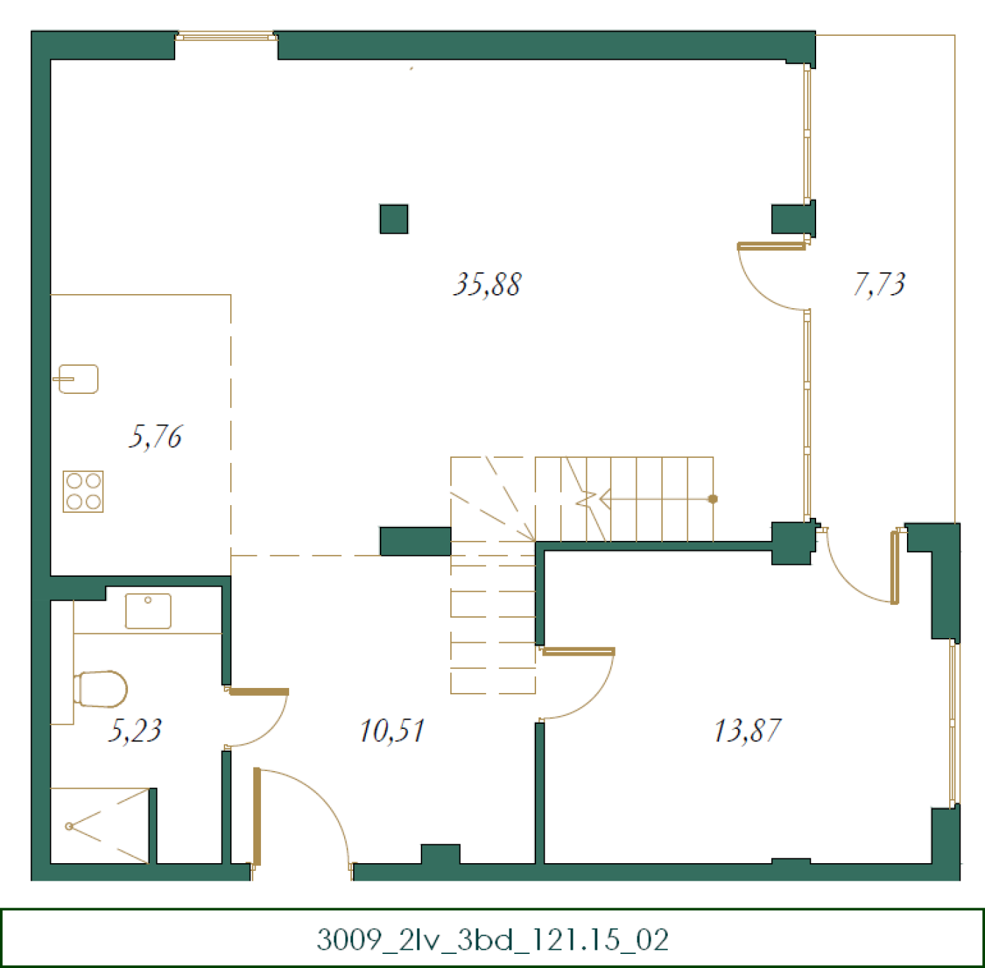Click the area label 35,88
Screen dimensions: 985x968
tap(487, 284)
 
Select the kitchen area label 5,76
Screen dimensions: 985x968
tap(155, 436)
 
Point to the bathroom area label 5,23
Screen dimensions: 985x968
tap(135, 730)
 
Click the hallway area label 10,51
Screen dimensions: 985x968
tap(392, 730)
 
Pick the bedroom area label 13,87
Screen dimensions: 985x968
tap(747, 730)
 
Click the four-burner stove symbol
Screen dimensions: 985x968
tap(83, 491)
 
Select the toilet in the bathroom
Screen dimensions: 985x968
tap(100, 689)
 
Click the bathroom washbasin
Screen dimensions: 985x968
tap(148, 611)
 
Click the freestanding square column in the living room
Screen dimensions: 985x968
tap(393, 219)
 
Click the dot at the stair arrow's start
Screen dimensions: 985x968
tap(713, 499)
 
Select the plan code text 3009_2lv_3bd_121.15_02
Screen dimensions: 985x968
tap(493, 940)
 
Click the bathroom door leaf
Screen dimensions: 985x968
tap(259, 692)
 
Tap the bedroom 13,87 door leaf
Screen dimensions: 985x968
tap(578, 651)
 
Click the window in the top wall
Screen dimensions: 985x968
tap(226, 37)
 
